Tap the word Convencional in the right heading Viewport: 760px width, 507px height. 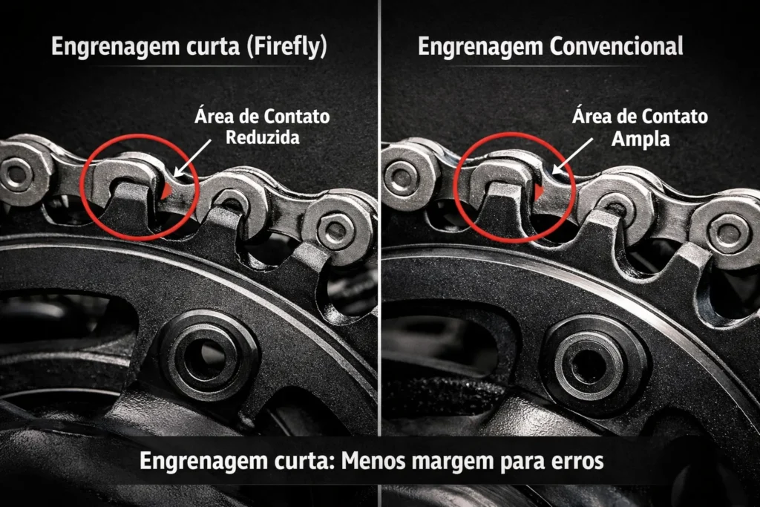coord(616,47)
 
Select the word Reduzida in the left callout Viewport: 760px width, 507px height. coord(263,137)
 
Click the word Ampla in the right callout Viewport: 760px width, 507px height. coord(641,139)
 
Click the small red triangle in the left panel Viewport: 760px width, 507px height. coord(166,190)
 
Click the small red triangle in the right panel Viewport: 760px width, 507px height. coord(539,191)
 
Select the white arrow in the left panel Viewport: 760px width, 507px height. coord(192,158)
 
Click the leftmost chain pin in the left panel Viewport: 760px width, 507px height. coord(16,173)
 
